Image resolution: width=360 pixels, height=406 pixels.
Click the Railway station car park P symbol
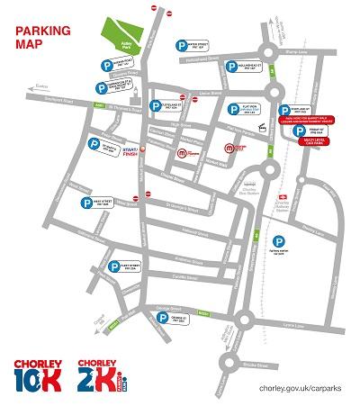(280, 240)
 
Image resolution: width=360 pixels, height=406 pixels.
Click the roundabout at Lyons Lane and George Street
(244, 317)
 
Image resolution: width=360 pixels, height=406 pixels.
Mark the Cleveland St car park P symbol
(156, 102)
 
